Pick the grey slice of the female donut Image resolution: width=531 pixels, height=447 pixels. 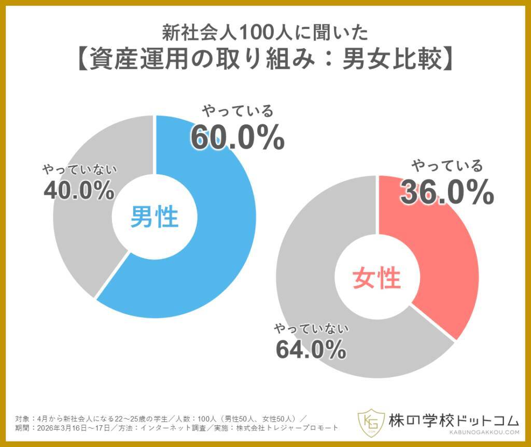[x=311, y=290]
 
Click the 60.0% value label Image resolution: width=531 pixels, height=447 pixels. [x=237, y=137]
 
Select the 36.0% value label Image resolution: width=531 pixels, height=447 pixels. [x=446, y=193]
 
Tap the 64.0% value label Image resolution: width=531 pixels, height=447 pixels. [x=311, y=350]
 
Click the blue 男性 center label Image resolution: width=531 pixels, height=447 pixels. [x=154, y=217]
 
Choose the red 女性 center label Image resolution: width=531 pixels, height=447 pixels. [x=377, y=278]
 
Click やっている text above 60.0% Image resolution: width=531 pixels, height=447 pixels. [x=237, y=110]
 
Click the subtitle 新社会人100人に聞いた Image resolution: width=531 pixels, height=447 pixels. [x=265, y=32]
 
